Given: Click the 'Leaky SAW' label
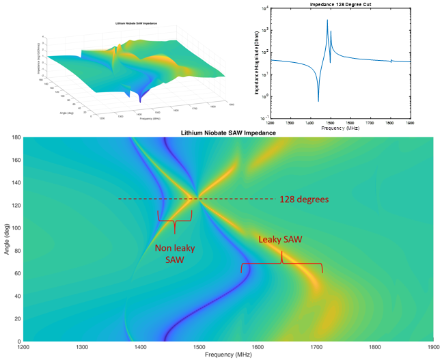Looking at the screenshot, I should click(280, 240).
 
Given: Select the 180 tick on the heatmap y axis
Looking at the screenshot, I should click(14, 137).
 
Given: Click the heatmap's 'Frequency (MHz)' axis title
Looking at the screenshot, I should click(228, 356).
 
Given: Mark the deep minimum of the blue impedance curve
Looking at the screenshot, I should click(318, 101).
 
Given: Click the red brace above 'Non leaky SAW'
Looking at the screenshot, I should click(175, 219).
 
